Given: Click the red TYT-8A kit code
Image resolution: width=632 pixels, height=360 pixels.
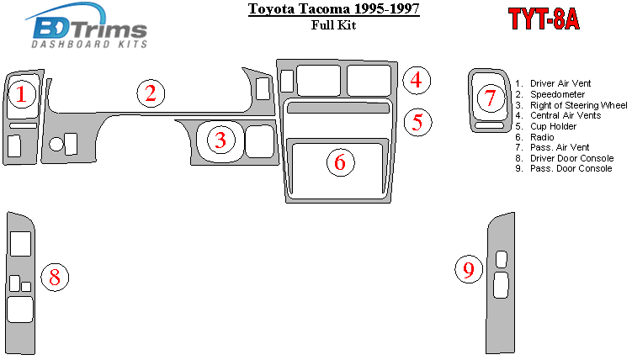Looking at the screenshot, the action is [x=544, y=19].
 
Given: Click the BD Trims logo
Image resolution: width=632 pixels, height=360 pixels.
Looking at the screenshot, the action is [x=86, y=26].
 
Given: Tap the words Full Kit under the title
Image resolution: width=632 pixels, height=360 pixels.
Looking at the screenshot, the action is [x=333, y=25].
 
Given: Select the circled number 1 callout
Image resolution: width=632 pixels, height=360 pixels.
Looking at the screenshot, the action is [x=22, y=94].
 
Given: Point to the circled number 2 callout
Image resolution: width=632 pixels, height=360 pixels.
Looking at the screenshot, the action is [x=151, y=93].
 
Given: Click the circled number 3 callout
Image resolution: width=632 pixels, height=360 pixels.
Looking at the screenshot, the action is [x=220, y=140].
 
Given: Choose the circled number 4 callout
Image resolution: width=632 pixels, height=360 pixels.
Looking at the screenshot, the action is [x=417, y=80].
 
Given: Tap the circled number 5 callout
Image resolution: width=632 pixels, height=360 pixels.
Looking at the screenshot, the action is [x=417, y=122].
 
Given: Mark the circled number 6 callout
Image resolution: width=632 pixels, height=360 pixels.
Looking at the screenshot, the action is [x=341, y=162].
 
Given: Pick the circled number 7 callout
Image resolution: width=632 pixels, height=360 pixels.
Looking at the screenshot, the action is [x=491, y=98].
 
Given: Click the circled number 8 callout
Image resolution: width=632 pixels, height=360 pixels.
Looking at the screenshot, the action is [x=55, y=277].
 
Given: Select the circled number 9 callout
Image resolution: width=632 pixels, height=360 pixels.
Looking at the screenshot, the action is [x=469, y=269].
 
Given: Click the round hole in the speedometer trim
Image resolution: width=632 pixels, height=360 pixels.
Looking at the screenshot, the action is [x=56, y=144].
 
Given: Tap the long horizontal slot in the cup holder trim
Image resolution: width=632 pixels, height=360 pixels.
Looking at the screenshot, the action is [x=338, y=108].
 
